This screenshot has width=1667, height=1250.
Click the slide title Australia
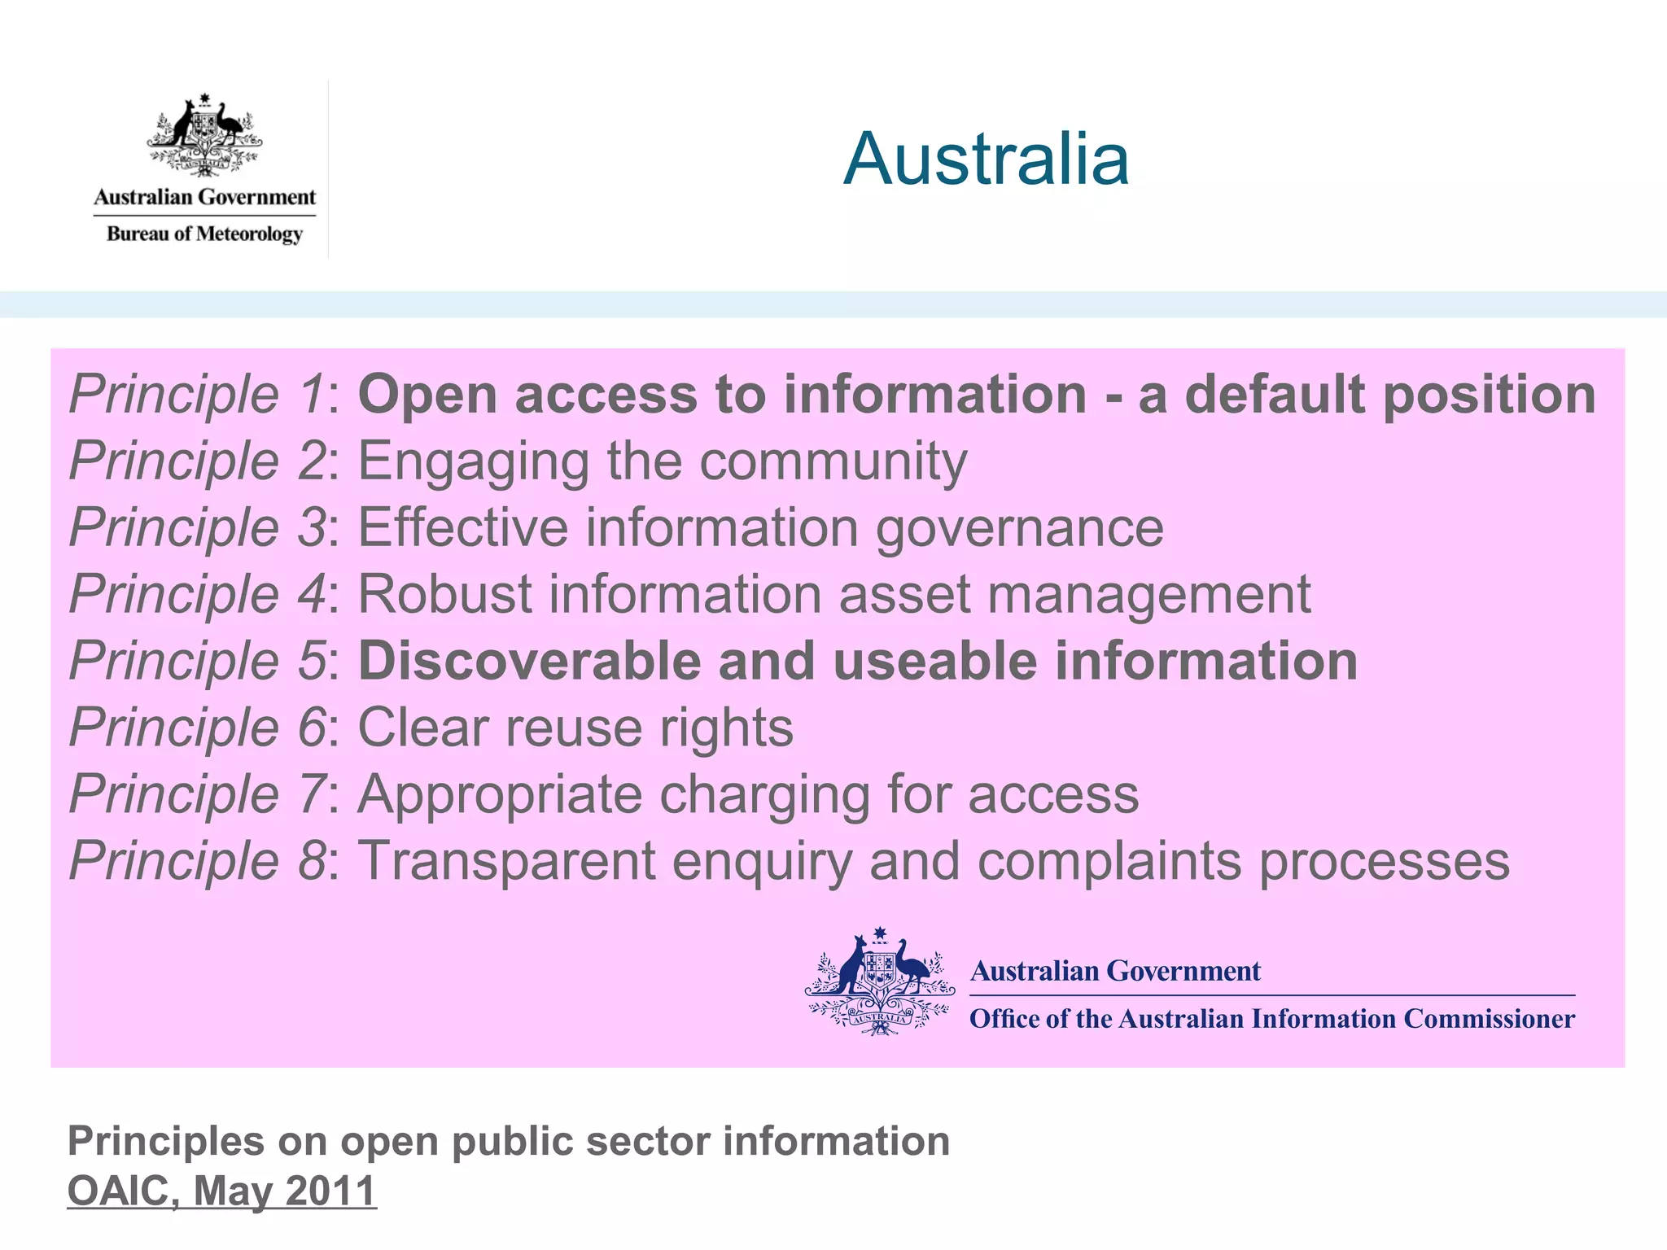(x=986, y=159)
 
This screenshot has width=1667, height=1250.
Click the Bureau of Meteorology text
(x=204, y=234)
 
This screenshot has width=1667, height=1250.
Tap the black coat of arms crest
(x=204, y=136)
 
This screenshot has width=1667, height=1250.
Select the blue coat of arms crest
(x=880, y=982)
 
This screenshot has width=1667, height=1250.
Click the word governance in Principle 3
(x=1019, y=529)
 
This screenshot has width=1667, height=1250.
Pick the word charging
(x=764, y=795)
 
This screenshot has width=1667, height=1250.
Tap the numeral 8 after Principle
(x=313, y=861)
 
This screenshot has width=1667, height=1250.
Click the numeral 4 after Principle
(x=313, y=594)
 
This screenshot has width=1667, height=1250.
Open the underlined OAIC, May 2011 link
(x=221, y=1191)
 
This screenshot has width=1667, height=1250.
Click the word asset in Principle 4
(x=905, y=594)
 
